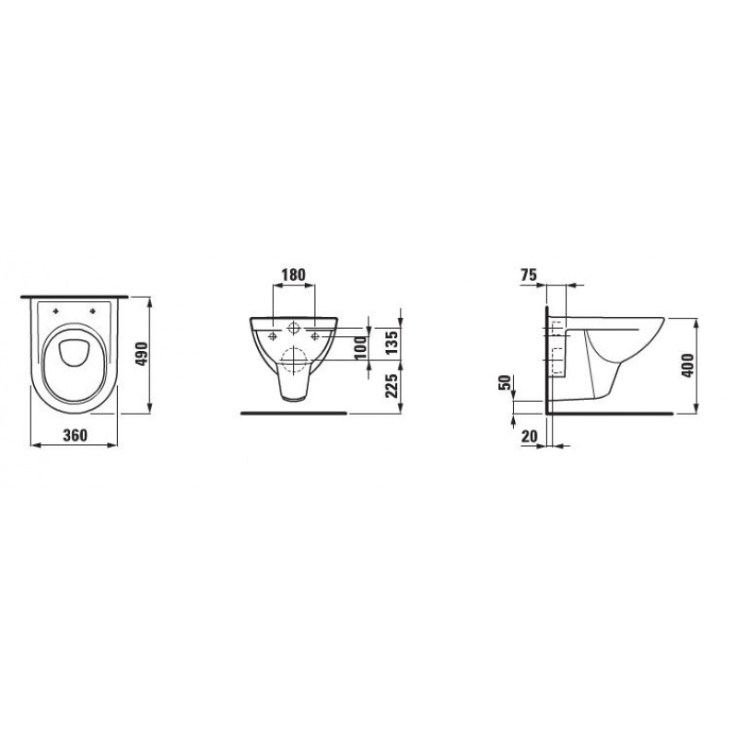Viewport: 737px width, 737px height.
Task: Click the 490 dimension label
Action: (142, 356)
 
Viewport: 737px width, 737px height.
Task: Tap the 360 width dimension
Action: (76, 435)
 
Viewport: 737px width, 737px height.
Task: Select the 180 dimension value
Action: (293, 275)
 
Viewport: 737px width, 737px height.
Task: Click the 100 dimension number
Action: (361, 348)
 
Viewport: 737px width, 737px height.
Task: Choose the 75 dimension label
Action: (529, 275)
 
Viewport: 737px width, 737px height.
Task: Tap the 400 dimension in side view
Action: (687, 365)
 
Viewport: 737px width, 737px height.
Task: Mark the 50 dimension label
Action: (504, 382)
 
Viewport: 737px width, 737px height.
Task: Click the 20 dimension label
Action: (529, 436)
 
